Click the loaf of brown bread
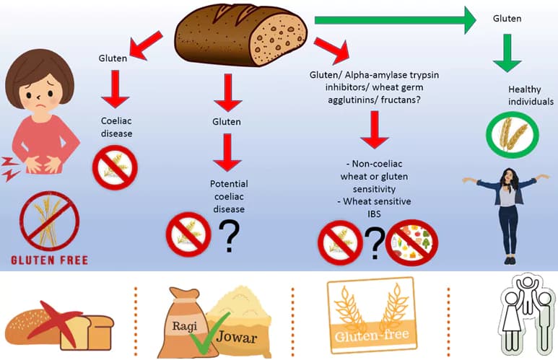(x=241, y=35)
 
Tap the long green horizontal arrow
(x=395, y=20)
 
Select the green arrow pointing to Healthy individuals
(x=507, y=53)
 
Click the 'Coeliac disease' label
(x=116, y=127)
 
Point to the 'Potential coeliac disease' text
(x=229, y=196)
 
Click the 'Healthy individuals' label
(x=531, y=95)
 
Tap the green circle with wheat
(x=513, y=134)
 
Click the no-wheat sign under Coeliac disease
(x=115, y=167)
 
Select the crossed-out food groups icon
(x=411, y=242)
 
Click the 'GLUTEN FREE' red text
(x=50, y=260)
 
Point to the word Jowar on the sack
(x=236, y=336)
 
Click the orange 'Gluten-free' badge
(x=372, y=315)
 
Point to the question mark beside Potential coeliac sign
(x=229, y=236)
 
